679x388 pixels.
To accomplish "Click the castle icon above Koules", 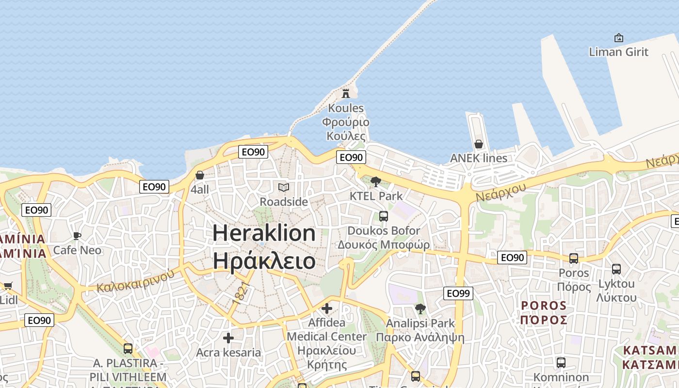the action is [346, 93].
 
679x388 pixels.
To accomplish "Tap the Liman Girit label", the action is [618, 51].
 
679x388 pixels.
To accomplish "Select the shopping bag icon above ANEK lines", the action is [479, 144].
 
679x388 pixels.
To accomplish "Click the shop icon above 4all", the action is [199, 175].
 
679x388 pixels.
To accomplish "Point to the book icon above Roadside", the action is [284, 187].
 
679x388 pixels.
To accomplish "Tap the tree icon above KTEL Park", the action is [375, 182].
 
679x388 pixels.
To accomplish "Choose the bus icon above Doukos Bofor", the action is [384, 216].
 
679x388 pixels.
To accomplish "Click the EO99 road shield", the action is [458, 293].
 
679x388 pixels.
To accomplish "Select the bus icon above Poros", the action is [574, 259].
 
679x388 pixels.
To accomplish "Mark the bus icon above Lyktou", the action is [616, 269].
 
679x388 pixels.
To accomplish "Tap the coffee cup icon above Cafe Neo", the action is [77, 236].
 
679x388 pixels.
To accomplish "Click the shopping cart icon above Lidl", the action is [8, 286].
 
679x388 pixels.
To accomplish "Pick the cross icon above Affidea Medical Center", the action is [327, 308].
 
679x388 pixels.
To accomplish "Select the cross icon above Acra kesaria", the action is [228, 338].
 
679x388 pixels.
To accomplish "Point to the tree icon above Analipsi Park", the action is [420, 309].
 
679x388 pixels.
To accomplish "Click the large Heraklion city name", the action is [264, 233].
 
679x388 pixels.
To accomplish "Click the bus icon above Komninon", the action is [561, 362].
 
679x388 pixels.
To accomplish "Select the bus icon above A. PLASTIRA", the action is [128, 349].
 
